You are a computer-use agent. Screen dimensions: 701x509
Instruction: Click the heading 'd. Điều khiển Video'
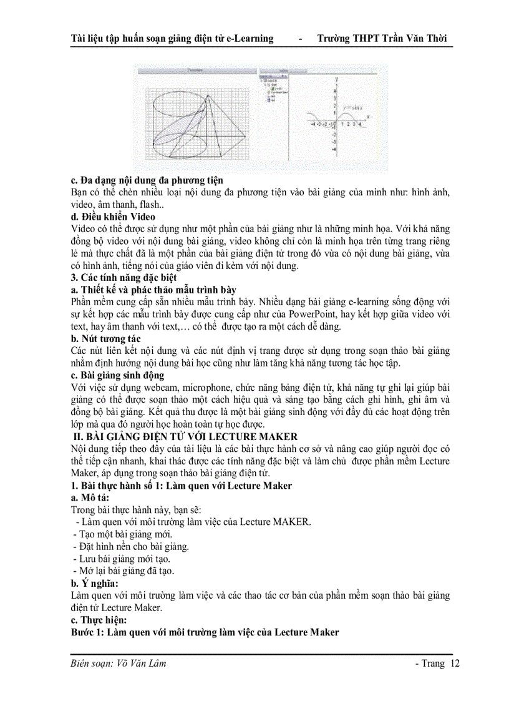114,217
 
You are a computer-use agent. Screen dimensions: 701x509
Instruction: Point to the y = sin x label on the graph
352,107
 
